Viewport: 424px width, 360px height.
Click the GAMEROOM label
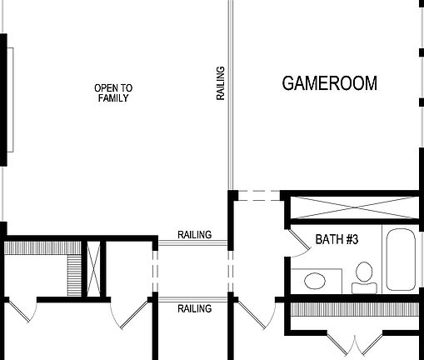[329, 83]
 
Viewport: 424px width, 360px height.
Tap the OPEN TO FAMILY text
[113, 92]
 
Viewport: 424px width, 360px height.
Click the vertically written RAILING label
[221, 83]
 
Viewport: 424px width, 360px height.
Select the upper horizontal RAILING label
[194, 234]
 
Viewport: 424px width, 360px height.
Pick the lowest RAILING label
[194, 308]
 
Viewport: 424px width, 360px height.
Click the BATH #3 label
[337, 241]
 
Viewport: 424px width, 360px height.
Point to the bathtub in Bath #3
[401, 257]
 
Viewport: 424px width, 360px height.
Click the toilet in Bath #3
[364, 276]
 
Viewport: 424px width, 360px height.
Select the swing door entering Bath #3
[297, 242]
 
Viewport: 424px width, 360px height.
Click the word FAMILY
[113, 98]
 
